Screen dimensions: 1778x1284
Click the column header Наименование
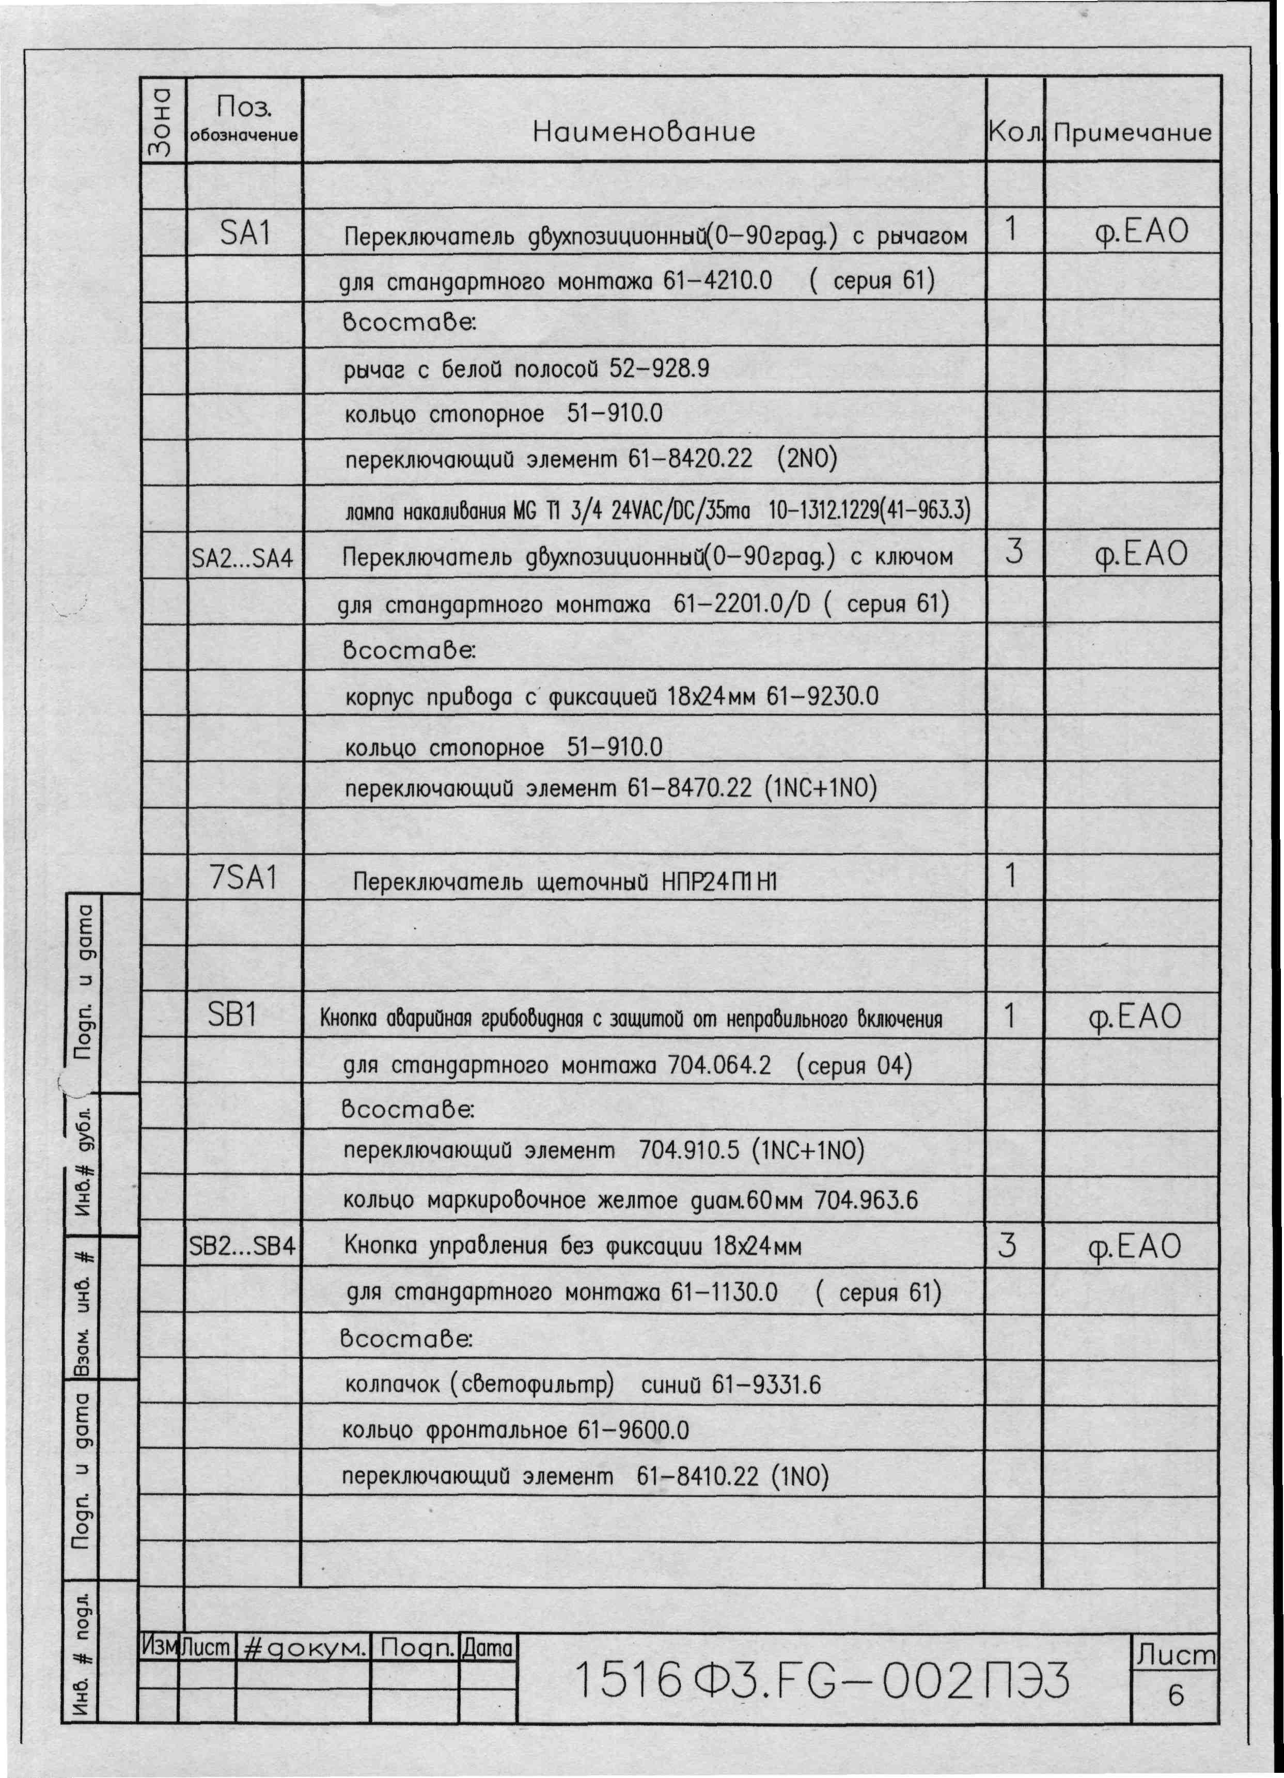pyautogui.click(x=644, y=132)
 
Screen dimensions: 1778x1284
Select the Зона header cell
pyautogui.click(x=162, y=121)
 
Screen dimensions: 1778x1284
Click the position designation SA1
pyautogui.click(x=245, y=233)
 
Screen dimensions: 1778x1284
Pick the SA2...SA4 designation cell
pyautogui.click(x=243, y=558)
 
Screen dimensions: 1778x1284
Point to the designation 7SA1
pyautogui.click(x=244, y=878)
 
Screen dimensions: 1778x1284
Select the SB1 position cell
pyautogui.click(x=233, y=1015)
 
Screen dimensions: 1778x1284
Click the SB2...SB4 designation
pyautogui.click(x=242, y=1246)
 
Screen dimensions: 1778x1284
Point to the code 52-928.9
pyautogui.click(x=659, y=368)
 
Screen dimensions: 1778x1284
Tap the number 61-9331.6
pyautogui.click(x=766, y=1385)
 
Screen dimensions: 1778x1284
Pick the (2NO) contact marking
pyautogui.click(x=807, y=459)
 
